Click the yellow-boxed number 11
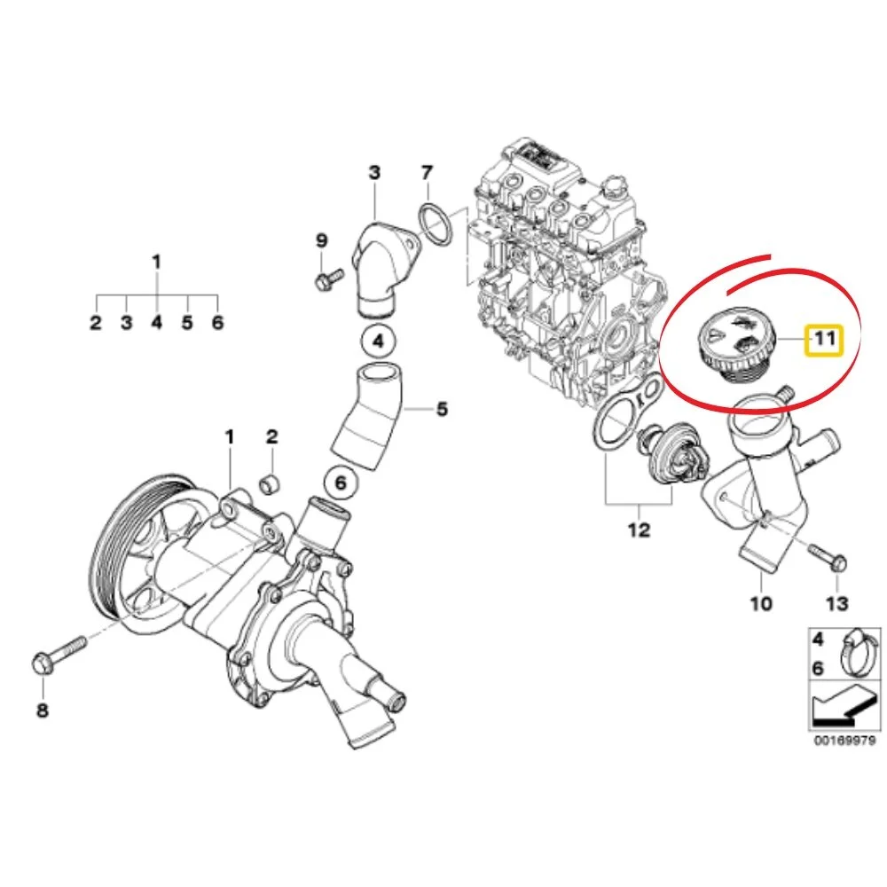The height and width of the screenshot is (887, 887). tap(824, 340)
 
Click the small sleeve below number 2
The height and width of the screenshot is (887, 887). tap(271, 484)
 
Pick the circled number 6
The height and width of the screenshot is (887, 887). tap(341, 483)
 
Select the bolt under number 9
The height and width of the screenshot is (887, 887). tap(327, 278)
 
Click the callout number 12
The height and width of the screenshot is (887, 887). tap(639, 530)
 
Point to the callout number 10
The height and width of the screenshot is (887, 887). tap(761, 603)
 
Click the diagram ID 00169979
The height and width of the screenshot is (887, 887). tap(847, 741)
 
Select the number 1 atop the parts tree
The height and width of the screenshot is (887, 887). tap(157, 262)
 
